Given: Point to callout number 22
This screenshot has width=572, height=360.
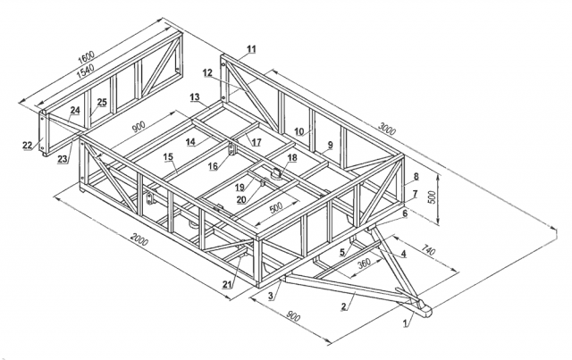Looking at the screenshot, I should click(x=27, y=144).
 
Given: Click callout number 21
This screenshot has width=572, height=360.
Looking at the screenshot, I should click(x=227, y=285).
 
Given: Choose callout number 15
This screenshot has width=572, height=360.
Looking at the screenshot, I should click(x=168, y=157).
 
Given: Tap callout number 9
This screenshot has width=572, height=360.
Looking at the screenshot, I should click(x=330, y=144).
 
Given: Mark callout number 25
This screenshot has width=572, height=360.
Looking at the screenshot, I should click(x=102, y=103).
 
